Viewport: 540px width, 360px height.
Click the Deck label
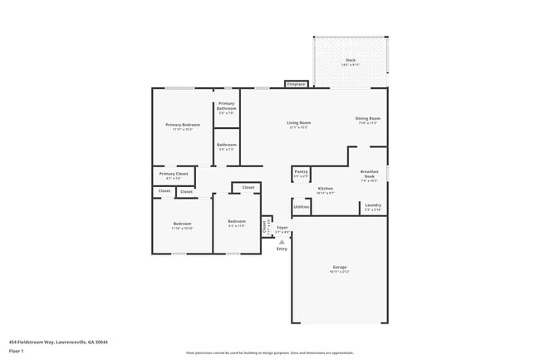tap(350, 60)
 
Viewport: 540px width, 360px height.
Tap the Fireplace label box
tap(296, 84)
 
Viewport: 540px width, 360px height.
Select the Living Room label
tap(299, 122)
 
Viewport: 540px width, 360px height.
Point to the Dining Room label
tap(368, 118)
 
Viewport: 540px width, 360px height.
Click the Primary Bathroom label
tap(227, 106)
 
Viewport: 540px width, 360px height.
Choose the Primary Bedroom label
tap(183, 124)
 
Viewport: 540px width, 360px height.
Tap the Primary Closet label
tap(174, 174)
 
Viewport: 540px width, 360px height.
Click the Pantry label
tap(301, 171)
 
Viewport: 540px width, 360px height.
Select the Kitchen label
tap(326, 189)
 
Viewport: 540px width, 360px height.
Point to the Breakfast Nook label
tap(370, 174)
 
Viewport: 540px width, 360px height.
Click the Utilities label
tap(302, 207)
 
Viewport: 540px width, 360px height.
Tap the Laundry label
tap(373, 205)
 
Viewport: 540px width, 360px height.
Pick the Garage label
tap(340, 267)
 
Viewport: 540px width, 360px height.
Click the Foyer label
tap(282, 226)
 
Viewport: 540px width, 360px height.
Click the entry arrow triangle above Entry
tap(282, 241)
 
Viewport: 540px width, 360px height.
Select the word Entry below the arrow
tap(282, 249)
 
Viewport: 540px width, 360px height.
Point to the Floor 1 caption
tap(17, 352)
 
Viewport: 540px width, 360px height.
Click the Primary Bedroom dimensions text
tap(183, 130)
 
